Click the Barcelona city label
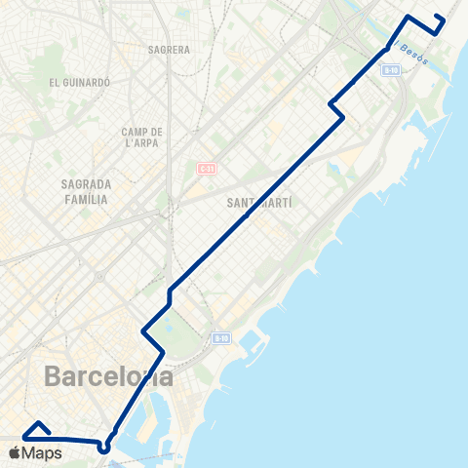(x=109, y=376)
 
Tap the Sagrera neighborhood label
(x=169, y=48)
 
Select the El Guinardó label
(x=79, y=83)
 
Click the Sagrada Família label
(x=84, y=191)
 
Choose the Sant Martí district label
(x=259, y=203)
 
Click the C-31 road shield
(x=206, y=168)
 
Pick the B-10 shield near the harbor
(x=220, y=338)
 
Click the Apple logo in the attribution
(x=15, y=452)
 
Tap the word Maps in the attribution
(x=43, y=452)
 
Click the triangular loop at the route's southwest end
(x=38, y=429)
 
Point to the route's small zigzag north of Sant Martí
(x=337, y=109)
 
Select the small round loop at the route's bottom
(x=104, y=448)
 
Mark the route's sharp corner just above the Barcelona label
(x=162, y=349)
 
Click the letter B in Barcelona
(x=54, y=376)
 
